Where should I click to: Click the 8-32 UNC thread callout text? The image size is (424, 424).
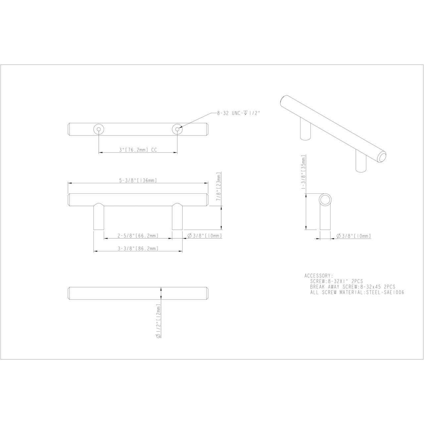(238, 113)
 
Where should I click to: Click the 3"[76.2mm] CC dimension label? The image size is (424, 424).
(138, 150)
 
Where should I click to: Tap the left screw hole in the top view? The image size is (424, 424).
(99, 129)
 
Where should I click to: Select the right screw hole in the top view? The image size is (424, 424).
(177, 129)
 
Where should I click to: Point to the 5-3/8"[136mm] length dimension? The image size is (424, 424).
(138, 181)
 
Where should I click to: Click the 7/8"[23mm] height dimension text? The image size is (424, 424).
(218, 187)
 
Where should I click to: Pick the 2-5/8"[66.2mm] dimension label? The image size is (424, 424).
(138, 236)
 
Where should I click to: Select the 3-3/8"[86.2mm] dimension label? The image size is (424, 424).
(138, 248)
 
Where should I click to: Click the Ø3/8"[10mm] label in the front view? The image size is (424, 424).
(204, 236)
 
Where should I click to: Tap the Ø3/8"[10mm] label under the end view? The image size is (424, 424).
(353, 236)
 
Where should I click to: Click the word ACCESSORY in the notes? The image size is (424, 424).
(317, 276)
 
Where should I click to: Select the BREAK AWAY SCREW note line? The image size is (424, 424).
(352, 287)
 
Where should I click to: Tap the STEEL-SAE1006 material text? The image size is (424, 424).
(386, 292)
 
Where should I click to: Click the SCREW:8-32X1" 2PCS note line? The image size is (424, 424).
(336, 281)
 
